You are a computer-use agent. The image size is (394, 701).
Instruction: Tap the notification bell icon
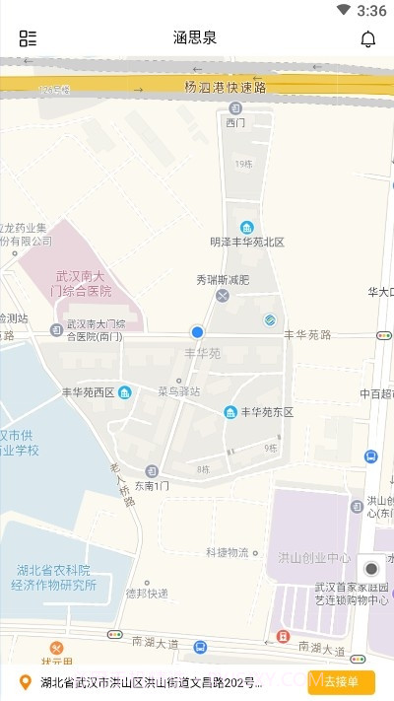368,39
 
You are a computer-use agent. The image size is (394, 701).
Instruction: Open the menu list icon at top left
28,39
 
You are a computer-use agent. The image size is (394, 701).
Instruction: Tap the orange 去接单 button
342,682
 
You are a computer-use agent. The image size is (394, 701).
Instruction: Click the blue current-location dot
197,333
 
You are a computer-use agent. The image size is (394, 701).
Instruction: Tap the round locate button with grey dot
371,569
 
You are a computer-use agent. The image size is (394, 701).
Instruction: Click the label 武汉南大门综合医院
84,284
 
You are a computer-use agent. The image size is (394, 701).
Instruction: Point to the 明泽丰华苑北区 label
247,242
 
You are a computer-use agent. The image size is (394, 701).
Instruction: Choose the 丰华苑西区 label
89,391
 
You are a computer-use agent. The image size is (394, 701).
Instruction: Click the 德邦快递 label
147,593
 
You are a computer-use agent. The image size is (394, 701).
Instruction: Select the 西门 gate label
235,123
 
